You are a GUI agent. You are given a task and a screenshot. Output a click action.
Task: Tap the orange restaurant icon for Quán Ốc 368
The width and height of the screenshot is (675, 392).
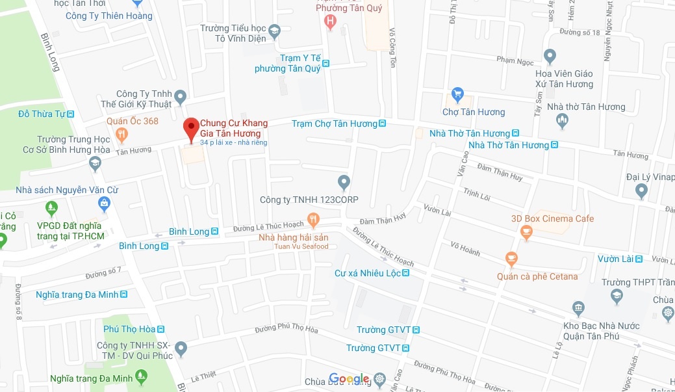click(x=121, y=135)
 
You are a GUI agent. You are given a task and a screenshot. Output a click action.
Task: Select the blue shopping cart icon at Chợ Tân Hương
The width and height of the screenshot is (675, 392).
click(x=457, y=95)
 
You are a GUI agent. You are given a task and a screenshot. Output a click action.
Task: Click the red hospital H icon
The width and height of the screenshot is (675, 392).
click(x=331, y=22)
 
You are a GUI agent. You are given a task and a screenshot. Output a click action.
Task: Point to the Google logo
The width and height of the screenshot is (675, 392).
click(x=349, y=379)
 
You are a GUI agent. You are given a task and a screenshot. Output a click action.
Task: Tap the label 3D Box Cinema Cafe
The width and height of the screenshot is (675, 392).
click(x=552, y=218)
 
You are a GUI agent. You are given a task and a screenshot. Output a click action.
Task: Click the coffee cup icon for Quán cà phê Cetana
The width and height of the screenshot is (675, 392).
click(x=511, y=259)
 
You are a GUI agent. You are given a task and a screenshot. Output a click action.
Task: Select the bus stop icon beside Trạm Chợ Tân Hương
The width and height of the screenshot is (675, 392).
click(x=383, y=124)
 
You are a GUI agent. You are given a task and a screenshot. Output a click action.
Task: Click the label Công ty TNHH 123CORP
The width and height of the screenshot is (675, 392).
click(x=309, y=199)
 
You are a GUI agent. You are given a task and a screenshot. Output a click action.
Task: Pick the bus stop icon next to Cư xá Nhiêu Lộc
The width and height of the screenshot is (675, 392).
click(x=406, y=274)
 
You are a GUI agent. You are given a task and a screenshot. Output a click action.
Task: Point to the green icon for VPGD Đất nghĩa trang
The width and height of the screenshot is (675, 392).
click(x=52, y=209)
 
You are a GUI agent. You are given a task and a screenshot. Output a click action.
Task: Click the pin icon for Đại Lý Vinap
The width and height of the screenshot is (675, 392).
click(x=642, y=190)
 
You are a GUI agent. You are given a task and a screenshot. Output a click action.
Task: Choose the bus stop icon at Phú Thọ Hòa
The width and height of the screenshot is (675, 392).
click(x=160, y=330)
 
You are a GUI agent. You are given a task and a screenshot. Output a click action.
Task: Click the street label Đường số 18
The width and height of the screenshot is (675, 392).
click(x=579, y=32)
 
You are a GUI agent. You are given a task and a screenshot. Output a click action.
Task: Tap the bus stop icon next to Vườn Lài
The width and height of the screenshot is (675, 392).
click(x=639, y=259)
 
